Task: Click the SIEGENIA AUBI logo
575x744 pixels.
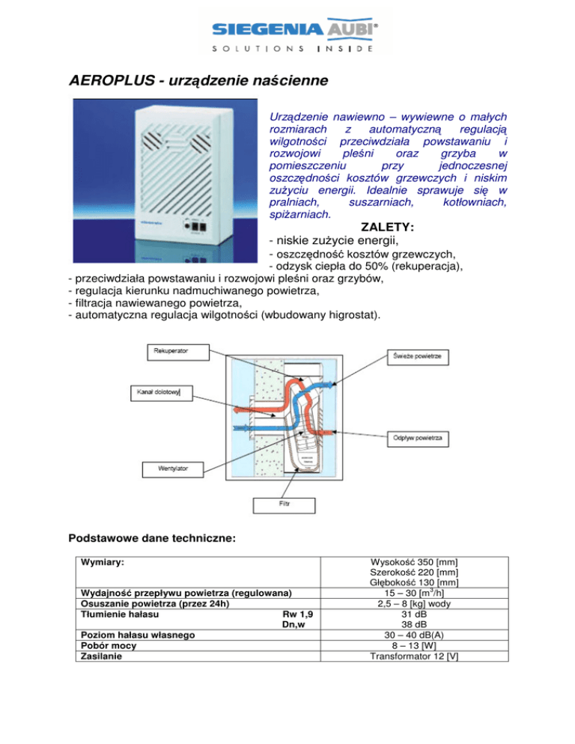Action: click(x=288, y=34)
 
